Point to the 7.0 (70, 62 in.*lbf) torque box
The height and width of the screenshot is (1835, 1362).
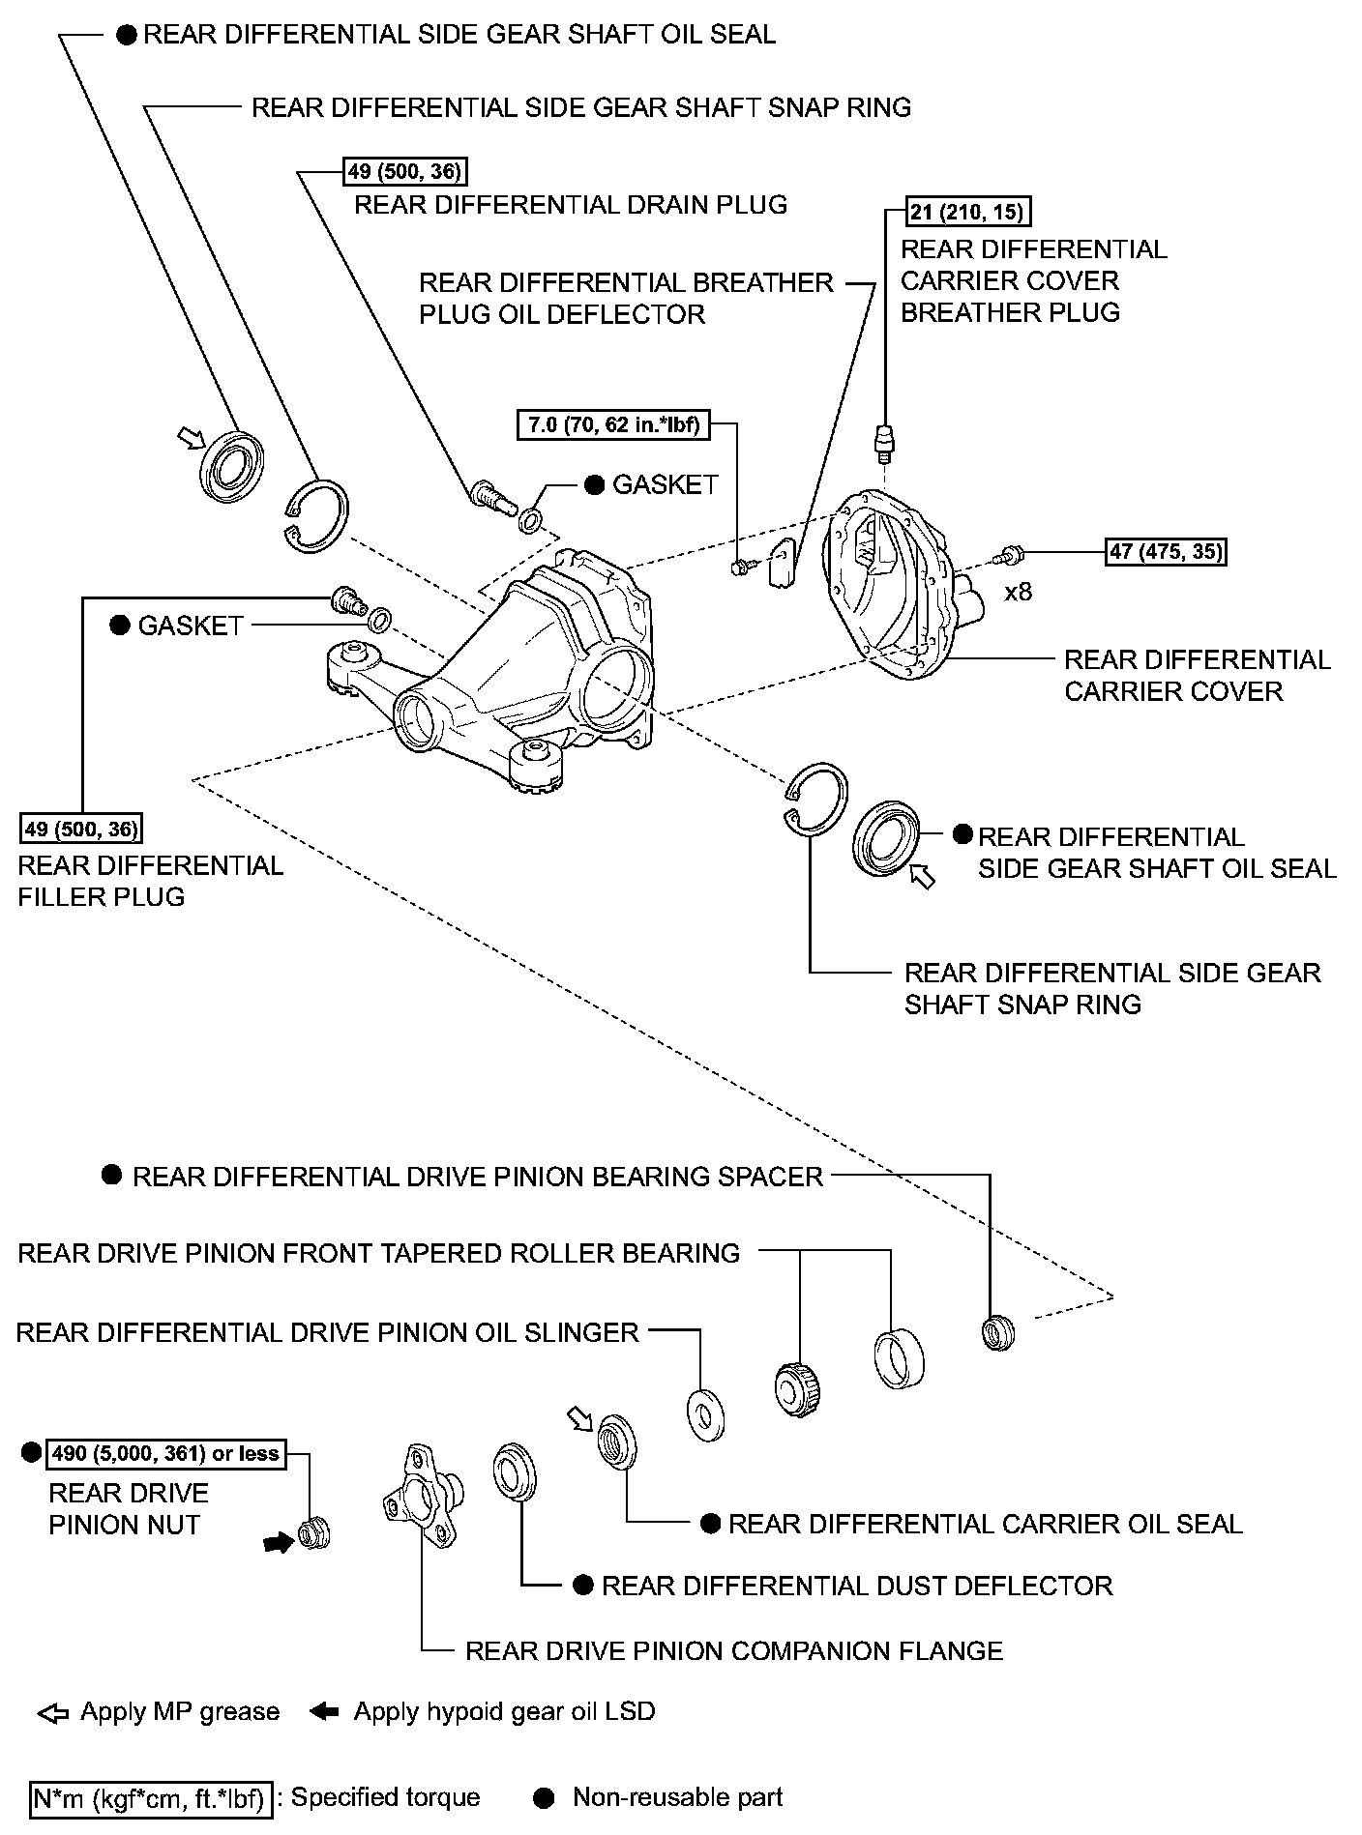[614, 424]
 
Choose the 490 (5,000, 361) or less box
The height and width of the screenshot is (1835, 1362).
[165, 1453]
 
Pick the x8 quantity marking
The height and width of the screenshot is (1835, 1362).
[1018, 592]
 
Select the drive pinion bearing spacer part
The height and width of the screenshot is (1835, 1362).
[997, 1333]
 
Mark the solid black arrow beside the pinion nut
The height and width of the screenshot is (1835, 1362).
[279, 1544]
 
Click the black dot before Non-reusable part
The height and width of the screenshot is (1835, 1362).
[545, 1797]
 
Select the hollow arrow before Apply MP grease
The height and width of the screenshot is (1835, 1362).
[53, 1712]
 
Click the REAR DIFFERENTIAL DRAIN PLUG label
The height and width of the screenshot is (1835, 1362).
[571, 205]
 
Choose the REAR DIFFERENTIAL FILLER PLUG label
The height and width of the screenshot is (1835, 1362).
[150, 881]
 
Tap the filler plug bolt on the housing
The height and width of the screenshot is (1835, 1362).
[346, 599]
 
